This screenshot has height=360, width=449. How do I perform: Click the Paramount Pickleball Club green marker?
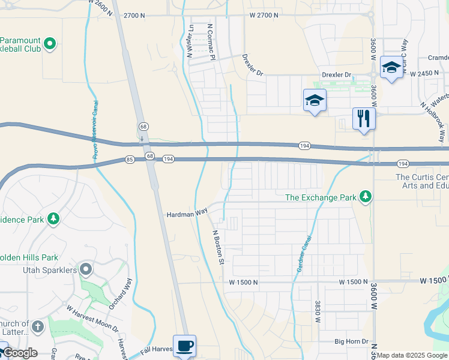pyautogui.click(x=50, y=43)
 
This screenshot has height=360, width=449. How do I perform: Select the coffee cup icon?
pyautogui.click(x=184, y=346)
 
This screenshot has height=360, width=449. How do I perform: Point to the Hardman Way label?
pyautogui.click(x=187, y=213)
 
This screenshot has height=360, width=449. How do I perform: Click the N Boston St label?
pyautogui.click(x=218, y=247)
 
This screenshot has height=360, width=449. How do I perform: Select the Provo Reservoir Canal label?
pyautogui.click(x=95, y=129)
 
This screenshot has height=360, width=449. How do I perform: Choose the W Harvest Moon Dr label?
pyautogui.click(x=92, y=320)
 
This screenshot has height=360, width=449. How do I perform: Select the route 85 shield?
pyautogui.click(x=130, y=159)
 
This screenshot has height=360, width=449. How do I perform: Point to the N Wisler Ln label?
pyautogui.click(x=190, y=41)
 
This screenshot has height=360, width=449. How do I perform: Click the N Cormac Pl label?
pyautogui.click(x=211, y=41)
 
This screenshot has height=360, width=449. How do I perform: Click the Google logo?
pyautogui.click(x=20, y=353)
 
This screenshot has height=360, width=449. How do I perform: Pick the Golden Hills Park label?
pyautogui.click(x=28, y=257)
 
